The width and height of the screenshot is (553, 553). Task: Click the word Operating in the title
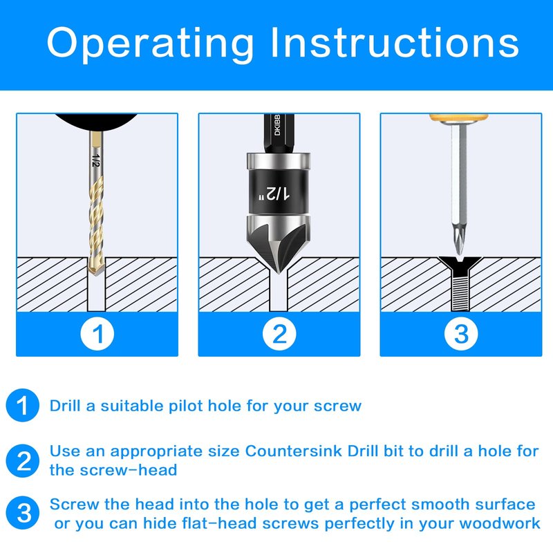click(150, 44)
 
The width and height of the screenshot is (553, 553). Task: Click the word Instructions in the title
click(395, 42)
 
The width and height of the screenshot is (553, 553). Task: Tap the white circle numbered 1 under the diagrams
click(97, 334)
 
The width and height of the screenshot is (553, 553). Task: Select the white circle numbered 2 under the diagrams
click(279, 334)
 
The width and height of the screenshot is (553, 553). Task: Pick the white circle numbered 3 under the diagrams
click(461, 334)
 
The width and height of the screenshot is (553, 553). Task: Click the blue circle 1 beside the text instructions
click(23, 405)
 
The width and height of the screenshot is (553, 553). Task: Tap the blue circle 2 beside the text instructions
click(23, 460)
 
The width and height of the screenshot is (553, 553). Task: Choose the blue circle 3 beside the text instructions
click(23, 513)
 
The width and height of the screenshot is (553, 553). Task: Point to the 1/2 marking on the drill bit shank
click(95, 160)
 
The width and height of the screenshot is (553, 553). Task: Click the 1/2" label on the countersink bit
click(274, 194)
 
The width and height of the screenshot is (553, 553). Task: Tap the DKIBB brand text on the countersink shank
click(277, 125)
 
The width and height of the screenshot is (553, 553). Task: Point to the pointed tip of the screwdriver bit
click(459, 252)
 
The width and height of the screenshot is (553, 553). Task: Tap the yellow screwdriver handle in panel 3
click(458, 117)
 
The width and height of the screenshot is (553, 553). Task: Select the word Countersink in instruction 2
click(293, 451)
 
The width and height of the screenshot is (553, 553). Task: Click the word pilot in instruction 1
click(187, 406)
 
